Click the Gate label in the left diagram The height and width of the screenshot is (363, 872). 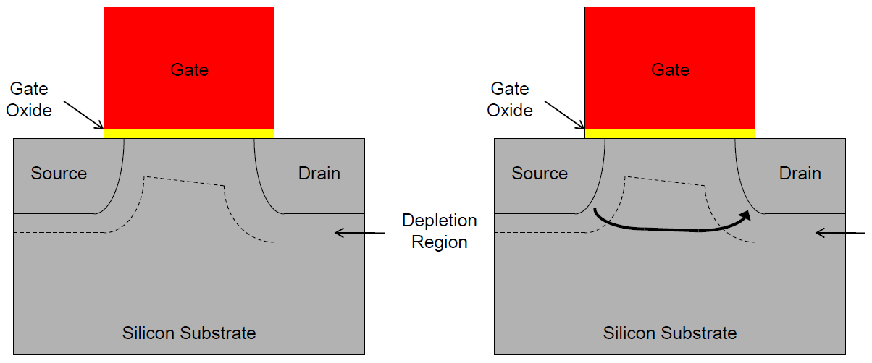(189, 70)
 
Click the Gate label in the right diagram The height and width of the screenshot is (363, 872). (670, 70)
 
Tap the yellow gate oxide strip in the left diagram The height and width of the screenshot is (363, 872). (189, 134)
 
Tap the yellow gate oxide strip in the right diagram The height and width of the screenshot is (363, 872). (670, 134)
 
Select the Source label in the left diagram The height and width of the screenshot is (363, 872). (59, 174)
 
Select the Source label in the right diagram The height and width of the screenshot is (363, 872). (540, 174)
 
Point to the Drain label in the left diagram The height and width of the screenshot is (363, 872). (319, 174)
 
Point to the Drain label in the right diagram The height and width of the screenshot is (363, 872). (800, 174)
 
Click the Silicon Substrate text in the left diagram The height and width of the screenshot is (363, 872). (189, 333)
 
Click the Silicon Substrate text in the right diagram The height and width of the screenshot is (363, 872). (670, 333)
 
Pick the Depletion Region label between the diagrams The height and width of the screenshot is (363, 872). (440, 231)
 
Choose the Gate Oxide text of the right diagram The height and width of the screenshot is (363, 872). (510, 100)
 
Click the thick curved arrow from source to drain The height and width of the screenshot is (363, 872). (666, 229)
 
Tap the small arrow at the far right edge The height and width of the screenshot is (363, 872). (840, 232)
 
